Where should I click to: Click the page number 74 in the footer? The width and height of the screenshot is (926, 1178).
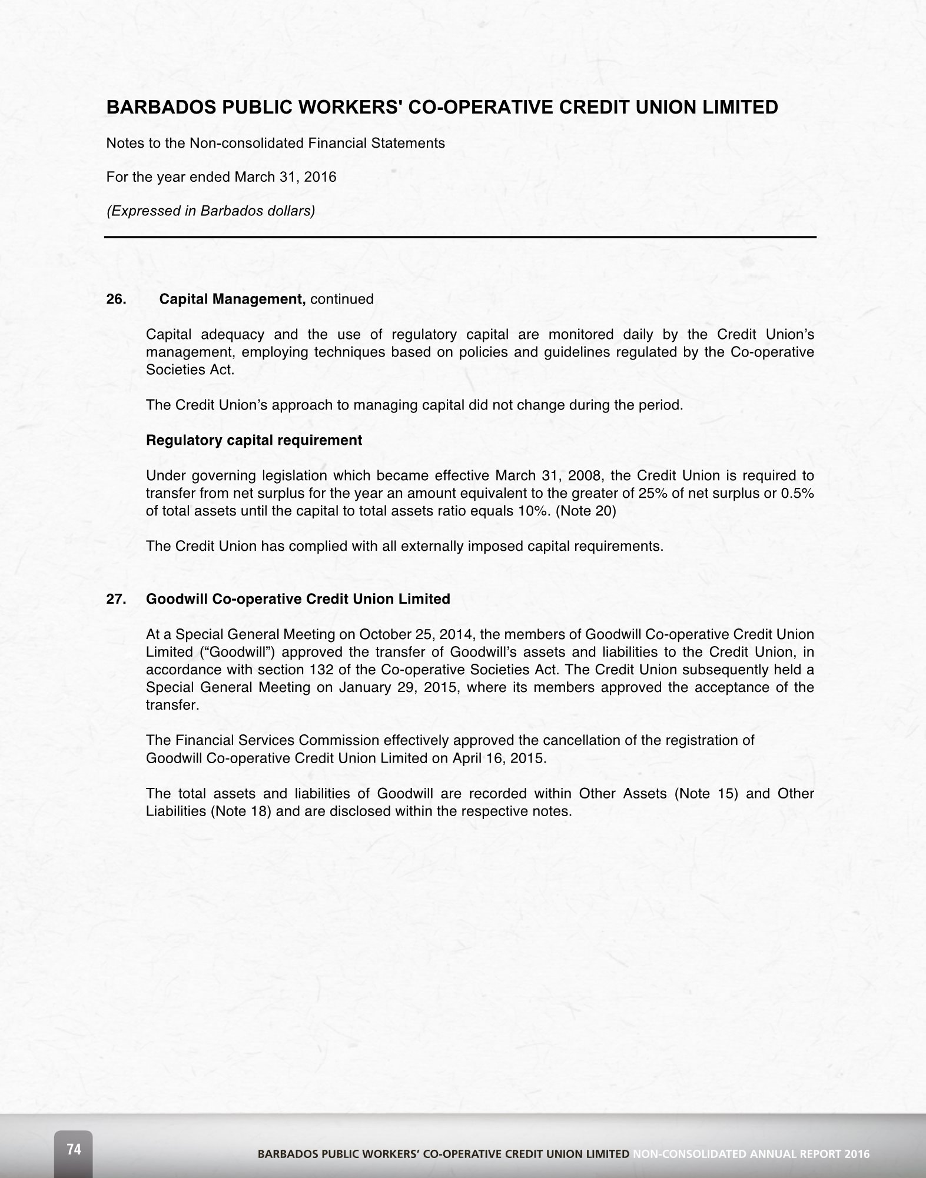74,1149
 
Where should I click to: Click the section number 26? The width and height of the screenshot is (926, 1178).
115,299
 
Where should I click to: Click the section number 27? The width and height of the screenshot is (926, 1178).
115,599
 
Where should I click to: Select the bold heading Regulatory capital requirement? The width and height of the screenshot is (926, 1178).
254,440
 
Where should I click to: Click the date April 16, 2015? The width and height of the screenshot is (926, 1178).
499,758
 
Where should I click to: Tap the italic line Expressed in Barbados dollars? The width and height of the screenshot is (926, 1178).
210,211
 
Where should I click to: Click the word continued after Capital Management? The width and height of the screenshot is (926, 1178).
341,299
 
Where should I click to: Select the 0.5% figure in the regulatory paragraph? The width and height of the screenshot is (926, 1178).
797,493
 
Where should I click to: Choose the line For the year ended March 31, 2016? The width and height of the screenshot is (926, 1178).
221,177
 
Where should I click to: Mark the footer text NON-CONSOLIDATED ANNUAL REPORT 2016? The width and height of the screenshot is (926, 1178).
751,1154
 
